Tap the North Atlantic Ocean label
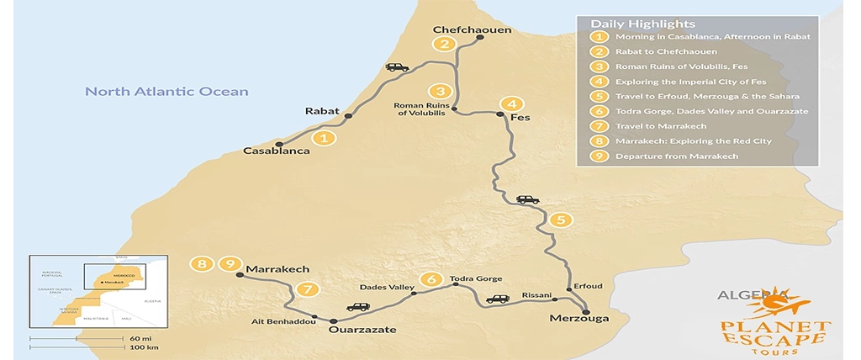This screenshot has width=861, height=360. pos(166,92)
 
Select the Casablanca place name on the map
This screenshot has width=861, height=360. pos(276,151)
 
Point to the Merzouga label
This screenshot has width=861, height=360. pos(578,318)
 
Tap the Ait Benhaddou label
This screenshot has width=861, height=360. pos(283,321)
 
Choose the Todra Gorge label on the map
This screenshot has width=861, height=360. pos(476,278)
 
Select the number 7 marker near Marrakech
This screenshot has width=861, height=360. pos(309,289)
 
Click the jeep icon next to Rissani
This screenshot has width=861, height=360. pos(498,299)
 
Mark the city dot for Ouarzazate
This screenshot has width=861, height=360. pos(334,320)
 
